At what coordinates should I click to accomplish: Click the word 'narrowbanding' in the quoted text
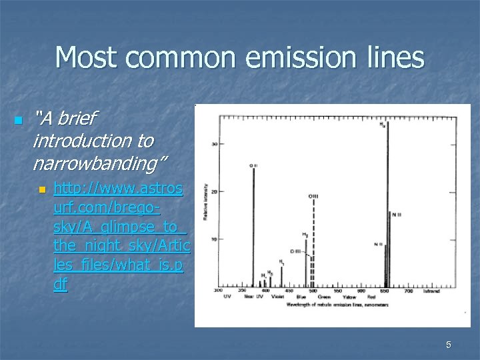pyautogui.click(x=101, y=162)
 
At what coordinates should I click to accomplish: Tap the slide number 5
pyautogui.click(x=448, y=345)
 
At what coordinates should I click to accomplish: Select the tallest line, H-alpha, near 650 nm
pyautogui.click(x=387, y=207)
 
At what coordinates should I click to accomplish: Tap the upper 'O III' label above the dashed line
pyautogui.click(x=313, y=196)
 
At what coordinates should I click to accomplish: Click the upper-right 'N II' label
pyautogui.click(x=397, y=214)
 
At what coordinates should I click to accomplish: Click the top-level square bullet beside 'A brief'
pyautogui.click(x=17, y=121)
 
